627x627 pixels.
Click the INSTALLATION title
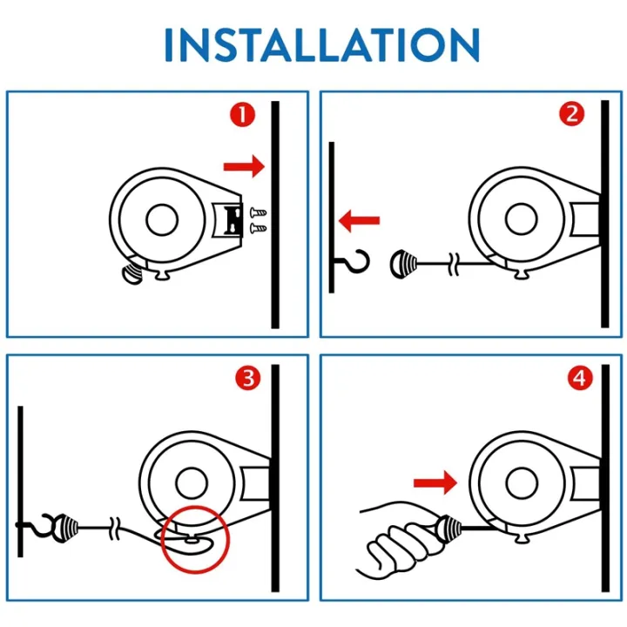[x=321, y=44]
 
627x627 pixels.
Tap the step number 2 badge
[x=572, y=114]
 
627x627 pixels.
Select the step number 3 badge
[x=248, y=378]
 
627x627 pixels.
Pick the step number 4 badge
[x=579, y=378]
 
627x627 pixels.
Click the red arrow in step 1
[x=243, y=165]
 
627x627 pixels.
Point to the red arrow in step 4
[x=435, y=481]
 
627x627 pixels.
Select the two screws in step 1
[x=259, y=219]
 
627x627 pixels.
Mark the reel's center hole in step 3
[x=190, y=482]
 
